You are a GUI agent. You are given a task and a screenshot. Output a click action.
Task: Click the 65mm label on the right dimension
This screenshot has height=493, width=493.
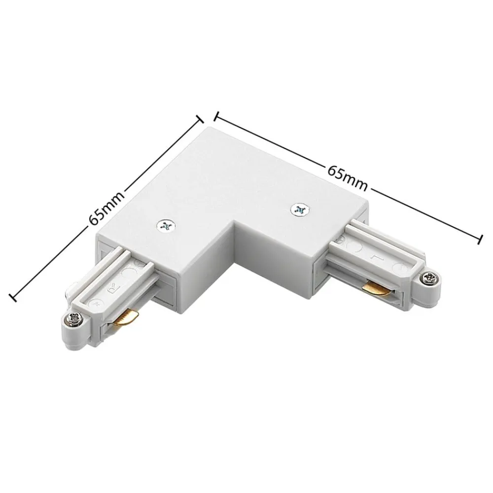347,176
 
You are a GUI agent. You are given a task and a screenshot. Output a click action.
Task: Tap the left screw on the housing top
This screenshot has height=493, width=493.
167,226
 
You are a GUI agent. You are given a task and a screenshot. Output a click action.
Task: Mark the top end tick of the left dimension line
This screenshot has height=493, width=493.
200,118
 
